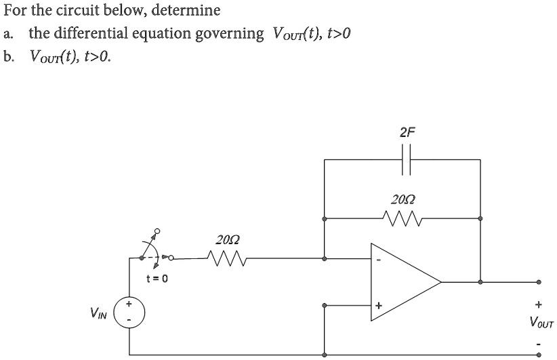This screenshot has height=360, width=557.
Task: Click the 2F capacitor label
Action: (x=406, y=132)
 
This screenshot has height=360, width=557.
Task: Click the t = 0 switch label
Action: (x=157, y=278)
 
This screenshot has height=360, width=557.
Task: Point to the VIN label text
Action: (x=98, y=313)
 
